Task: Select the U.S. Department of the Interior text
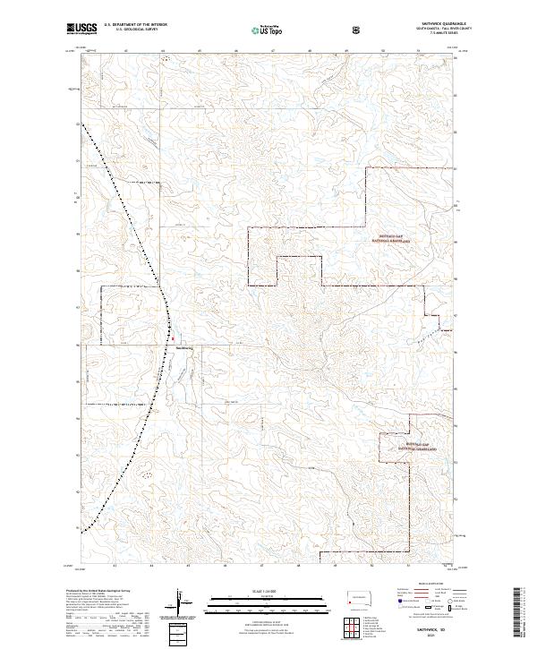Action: [135, 26]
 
